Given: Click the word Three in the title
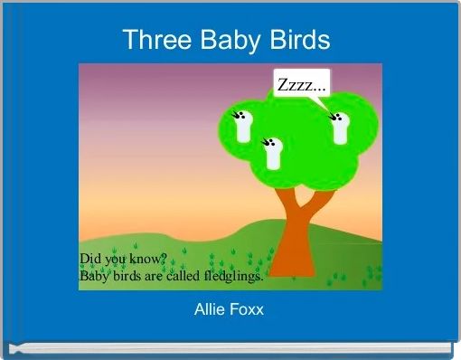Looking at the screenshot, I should (155, 41).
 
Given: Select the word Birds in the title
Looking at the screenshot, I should (299, 41).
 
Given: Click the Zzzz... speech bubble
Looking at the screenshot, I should (302, 85).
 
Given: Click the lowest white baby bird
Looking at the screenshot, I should (274, 155).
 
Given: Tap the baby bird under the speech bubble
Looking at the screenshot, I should (340, 129).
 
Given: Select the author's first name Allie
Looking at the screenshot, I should (212, 310).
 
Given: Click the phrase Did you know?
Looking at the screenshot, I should (123, 259).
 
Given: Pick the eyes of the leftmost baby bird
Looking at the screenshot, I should (240, 115).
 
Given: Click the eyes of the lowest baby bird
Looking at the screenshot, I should (268, 142).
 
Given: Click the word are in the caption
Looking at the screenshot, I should (149, 277).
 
